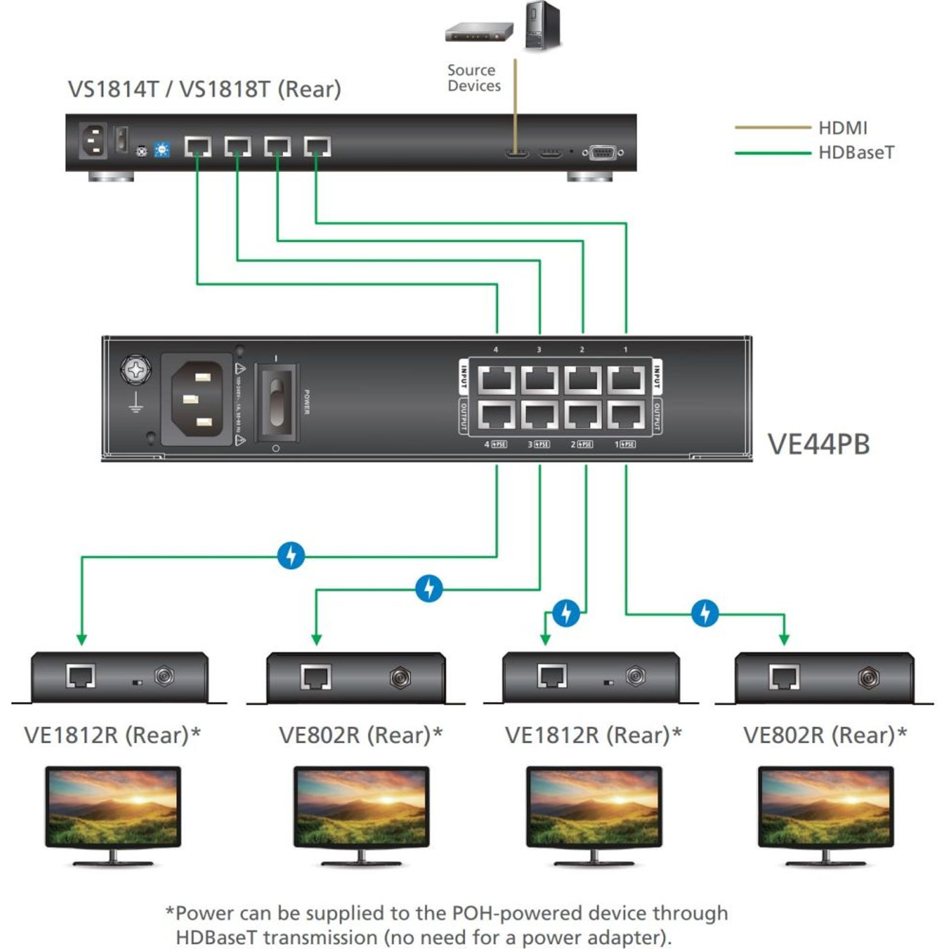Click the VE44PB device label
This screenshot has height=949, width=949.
(818, 444)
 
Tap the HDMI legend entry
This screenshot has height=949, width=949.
(842, 128)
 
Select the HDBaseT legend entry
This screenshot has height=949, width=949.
(856, 153)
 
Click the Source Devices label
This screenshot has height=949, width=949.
(474, 78)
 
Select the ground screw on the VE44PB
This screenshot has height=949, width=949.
(135, 370)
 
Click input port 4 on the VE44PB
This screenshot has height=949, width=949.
(496, 380)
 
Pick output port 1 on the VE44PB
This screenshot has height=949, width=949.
(626, 415)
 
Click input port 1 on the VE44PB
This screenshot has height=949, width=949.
(626, 380)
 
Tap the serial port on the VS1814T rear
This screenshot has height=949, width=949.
(603, 153)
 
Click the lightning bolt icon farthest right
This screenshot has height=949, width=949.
(705, 613)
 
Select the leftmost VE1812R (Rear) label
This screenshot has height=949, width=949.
(112, 735)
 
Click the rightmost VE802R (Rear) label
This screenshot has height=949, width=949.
(824, 735)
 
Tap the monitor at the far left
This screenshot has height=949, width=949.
(113, 815)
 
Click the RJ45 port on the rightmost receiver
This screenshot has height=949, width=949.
(783, 677)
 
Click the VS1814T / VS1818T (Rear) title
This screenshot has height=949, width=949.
(204, 89)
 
